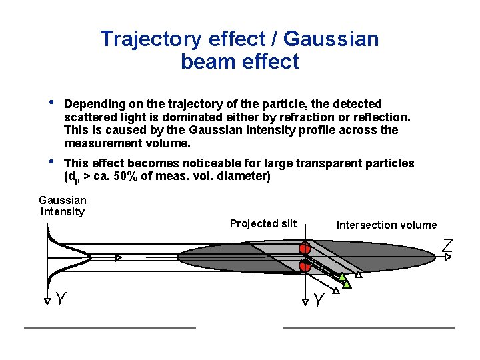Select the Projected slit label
click(x=263, y=223)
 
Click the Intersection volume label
click(x=387, y=225)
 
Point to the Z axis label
click(x=447, y=245)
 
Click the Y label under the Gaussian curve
click(x=61, y=299)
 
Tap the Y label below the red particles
click(x=319, y=301)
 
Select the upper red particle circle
click(x=305, y=249)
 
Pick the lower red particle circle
click(x=305, y=266)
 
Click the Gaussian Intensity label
click(x=63, y=206)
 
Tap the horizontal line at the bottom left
click(x=110, y=327)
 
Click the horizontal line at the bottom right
click(x=369, y=327)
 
